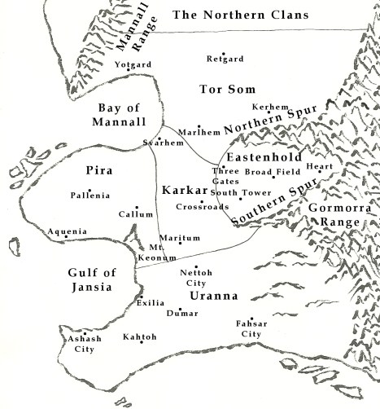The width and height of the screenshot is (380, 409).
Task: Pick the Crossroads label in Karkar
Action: tap(201, 207)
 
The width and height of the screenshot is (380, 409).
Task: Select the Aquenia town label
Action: tap(67, 231)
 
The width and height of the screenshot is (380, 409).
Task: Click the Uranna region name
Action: tap(211, 295)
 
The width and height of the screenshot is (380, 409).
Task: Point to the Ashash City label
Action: tap(78, 343)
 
